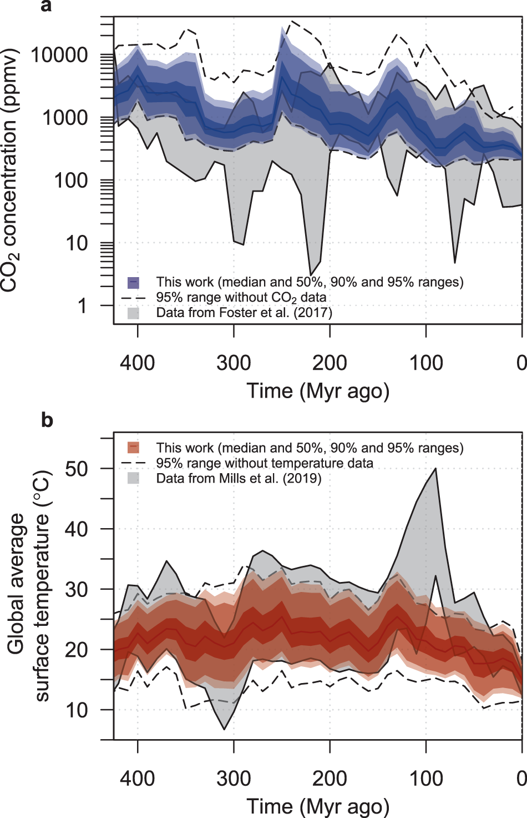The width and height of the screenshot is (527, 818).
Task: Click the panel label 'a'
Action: coord(47,6)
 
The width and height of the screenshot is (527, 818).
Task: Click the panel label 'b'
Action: coord(47,420)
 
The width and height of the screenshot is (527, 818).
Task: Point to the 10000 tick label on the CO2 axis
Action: coord(59,56)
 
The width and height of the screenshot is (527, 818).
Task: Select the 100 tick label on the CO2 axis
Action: coord(71,181)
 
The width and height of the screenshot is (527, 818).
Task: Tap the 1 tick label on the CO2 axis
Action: coord(82,306)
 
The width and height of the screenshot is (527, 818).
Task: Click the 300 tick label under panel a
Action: coord(234,363)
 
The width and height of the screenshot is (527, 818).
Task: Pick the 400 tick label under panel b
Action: coord(138,779)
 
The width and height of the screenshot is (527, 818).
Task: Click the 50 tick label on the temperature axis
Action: coord(77,469)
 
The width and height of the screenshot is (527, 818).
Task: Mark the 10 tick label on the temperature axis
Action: coord(77,710)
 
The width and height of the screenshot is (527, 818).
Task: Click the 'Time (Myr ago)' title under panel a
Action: coord(318,391)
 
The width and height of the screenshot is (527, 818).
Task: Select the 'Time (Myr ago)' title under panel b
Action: coord(318,806)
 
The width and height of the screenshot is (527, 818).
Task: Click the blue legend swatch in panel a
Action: coord(133,283)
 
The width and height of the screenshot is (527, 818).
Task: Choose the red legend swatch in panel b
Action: coord(133,448)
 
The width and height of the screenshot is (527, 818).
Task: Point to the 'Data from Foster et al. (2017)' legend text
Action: coord(244,313)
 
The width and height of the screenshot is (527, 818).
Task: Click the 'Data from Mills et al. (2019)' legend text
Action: coord(239,478)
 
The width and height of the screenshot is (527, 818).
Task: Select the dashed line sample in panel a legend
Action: coord(133,298)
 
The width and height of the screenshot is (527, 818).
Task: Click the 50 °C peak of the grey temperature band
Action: coord(436,469)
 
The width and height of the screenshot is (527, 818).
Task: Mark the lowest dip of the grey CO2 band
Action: coord(311,274)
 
